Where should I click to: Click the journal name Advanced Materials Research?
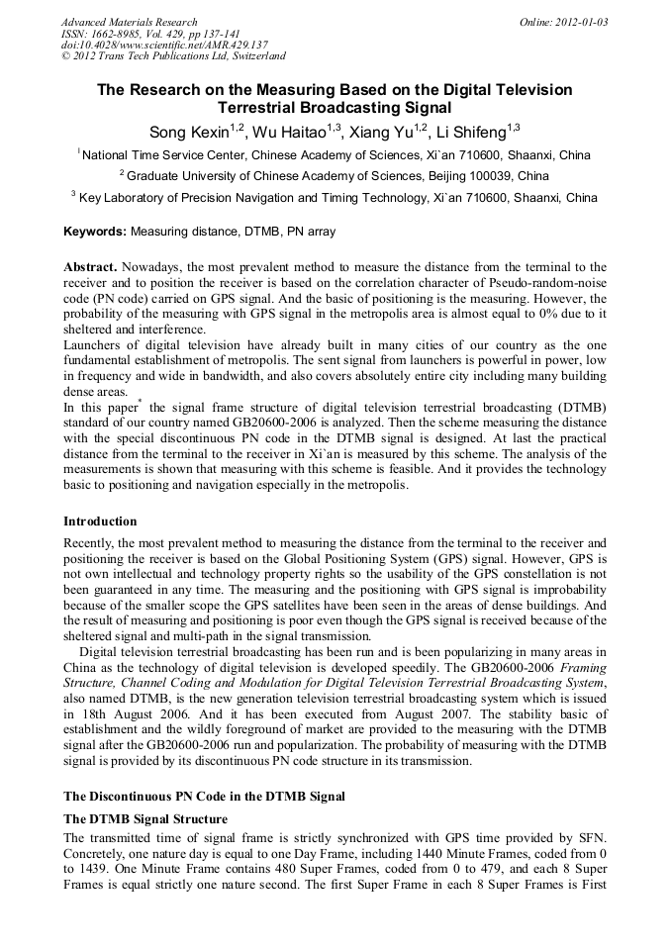(x=129, y=22)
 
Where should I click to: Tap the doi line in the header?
(x=164, y=46)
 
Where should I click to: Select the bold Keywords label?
(x=94, y=232)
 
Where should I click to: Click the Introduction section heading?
(x=100, y=522)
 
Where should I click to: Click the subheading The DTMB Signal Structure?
(x=145, y=819)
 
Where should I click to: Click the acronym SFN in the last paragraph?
(x=587, y=837)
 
